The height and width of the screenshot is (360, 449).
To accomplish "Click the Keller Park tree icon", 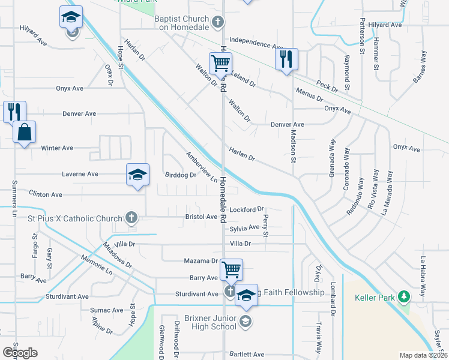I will pyautogui.click(x=405, y=296).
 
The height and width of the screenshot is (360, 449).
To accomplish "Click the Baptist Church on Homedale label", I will pyautogui.click(x=181, y=22).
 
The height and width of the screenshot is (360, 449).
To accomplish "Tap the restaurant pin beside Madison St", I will pyautogui.click(x=286, y=59).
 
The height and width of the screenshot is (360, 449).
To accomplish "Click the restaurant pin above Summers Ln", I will pyautogui.click(x=14, y=112).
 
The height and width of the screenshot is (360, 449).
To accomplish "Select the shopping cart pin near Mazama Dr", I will pyautogui.click(x=231, y=269).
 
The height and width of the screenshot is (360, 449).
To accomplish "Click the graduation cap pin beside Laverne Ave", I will pyautogui.click(x=137, y=175).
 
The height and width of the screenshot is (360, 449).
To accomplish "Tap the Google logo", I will pyautogui.click(x=20, y=352).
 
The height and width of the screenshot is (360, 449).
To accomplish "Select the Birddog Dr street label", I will pyautogui.click(x=180, y=175).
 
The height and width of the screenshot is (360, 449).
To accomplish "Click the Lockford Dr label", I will pyautogui.click(x=247, y=210).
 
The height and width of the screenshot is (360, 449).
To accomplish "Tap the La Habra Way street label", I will pyautogui.click(x=423, y=277).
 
